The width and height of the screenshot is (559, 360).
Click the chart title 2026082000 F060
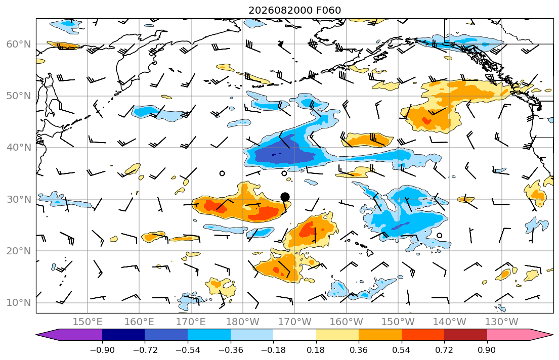294,10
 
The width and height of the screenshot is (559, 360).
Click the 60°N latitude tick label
19,44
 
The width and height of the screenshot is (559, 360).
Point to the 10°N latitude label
19,303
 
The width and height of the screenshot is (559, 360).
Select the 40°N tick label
19,148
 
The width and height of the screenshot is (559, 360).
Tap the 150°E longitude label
88,322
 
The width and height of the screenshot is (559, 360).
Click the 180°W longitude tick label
243,322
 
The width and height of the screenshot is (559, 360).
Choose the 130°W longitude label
502,322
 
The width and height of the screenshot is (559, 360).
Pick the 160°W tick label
347,322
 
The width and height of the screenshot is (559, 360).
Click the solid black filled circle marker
285,197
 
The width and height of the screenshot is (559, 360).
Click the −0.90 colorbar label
102,350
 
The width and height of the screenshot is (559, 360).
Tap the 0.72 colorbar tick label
444,350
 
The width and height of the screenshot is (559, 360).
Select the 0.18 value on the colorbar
316,350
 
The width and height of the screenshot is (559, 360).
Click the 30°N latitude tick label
19,199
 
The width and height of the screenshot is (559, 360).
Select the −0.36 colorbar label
230,350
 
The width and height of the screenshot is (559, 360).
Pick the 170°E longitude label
191,322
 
